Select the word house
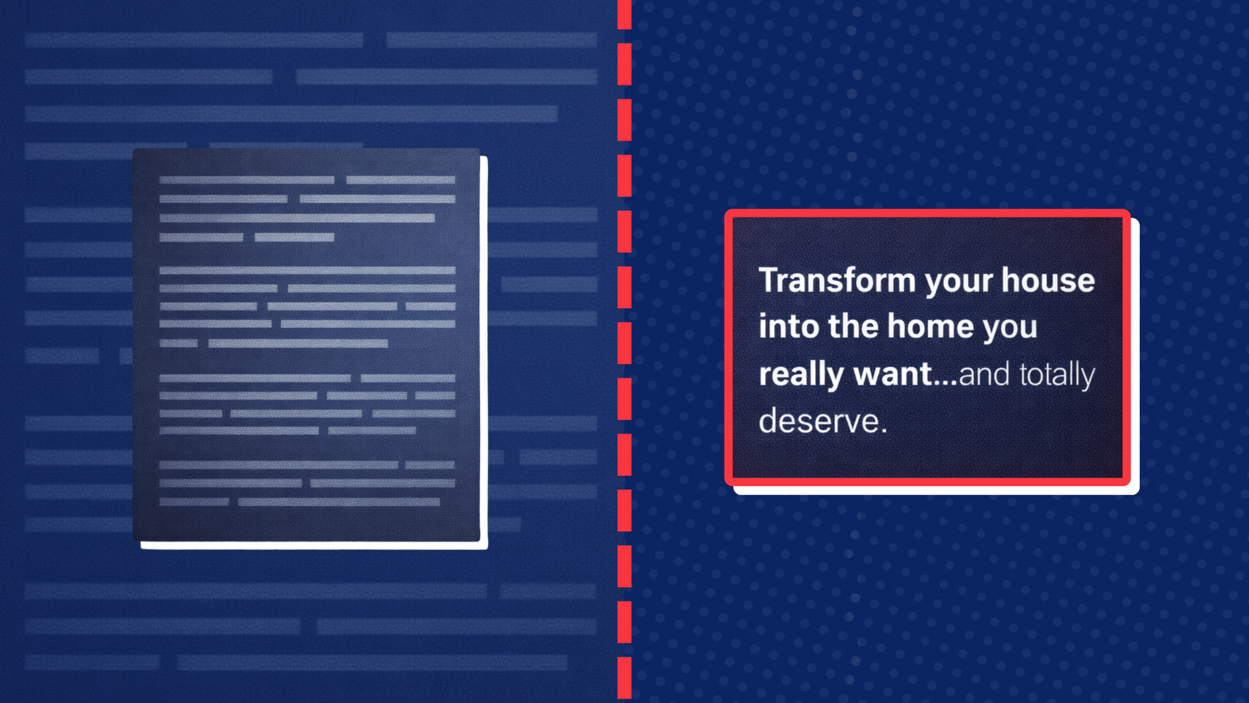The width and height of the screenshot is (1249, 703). click(x=1048, y=280)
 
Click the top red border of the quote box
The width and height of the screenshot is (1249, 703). click(x=927, y=214)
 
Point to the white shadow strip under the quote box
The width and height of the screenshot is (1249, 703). click(x=937, y=490)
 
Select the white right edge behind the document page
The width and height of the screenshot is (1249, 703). click(x=484, y=351)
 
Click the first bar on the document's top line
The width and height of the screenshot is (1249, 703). click(x=247, y=180)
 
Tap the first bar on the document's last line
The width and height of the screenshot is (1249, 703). click(x=194, y=502)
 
